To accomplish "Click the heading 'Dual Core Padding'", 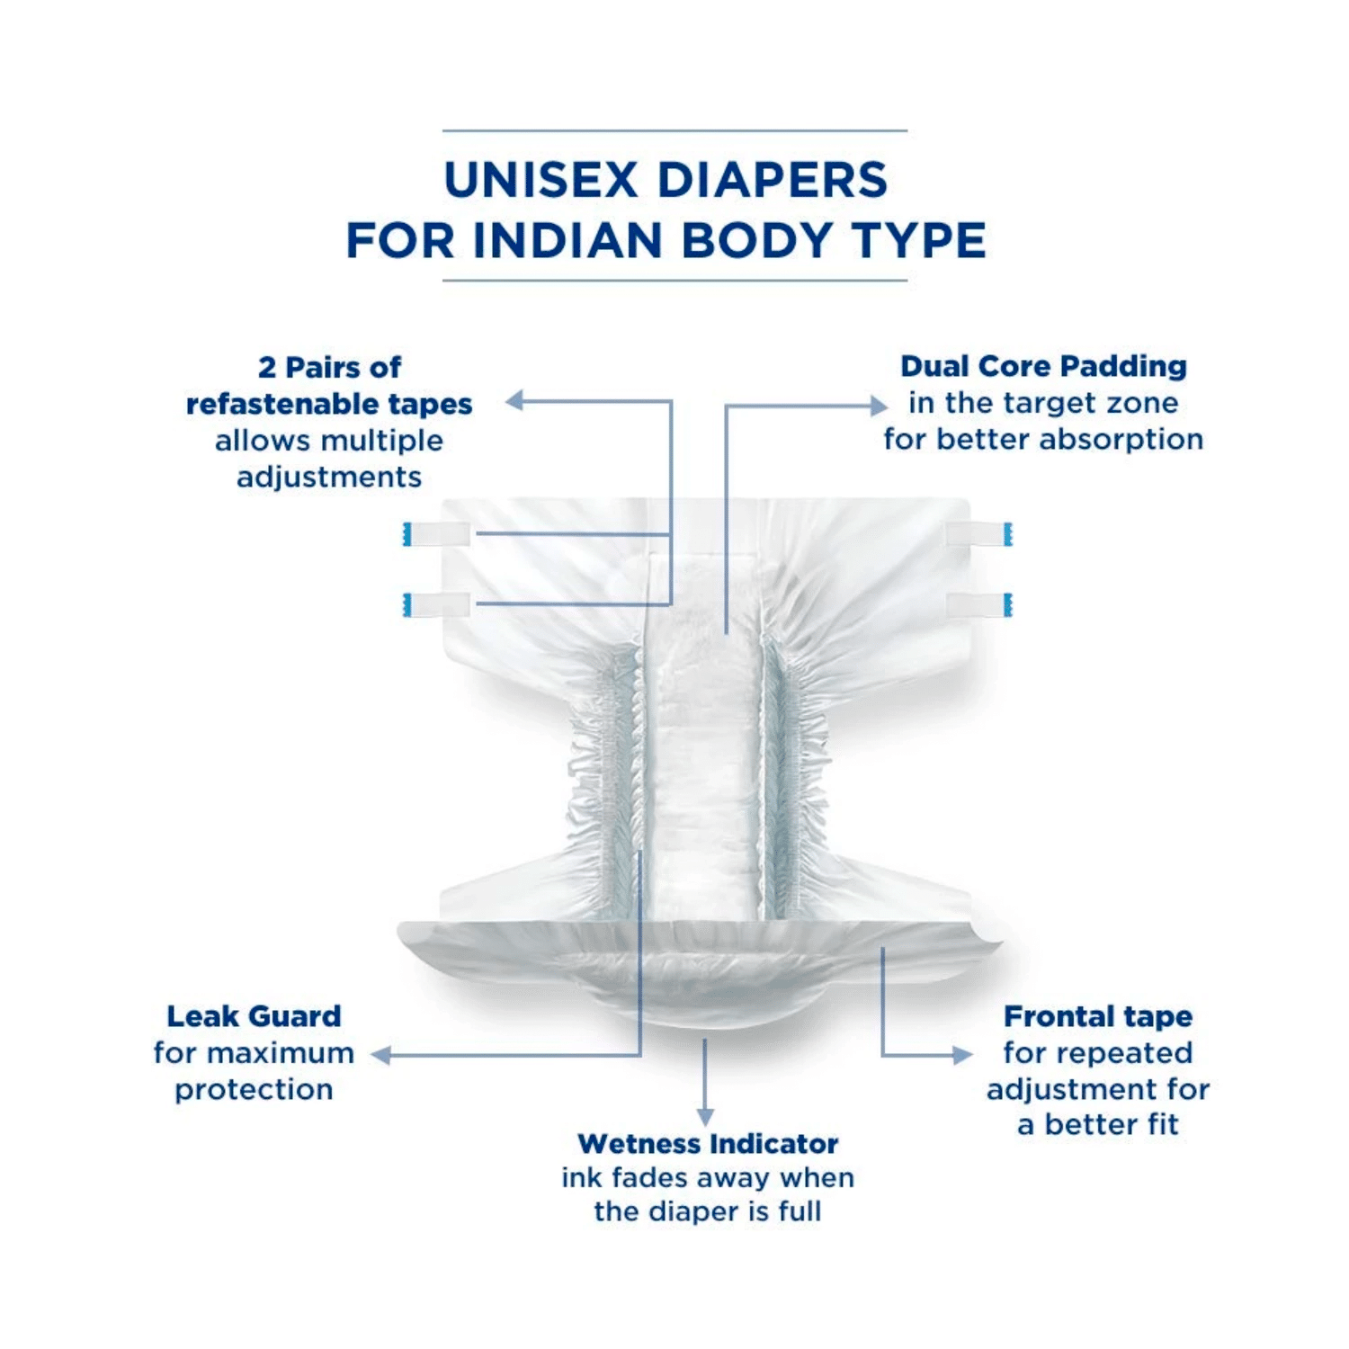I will coord(1043,367).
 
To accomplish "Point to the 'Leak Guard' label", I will coord(254,1017).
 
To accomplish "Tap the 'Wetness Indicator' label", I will coord(708,1144).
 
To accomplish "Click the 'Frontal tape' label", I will coord(1097,1017).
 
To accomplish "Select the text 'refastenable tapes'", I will coord(329,405).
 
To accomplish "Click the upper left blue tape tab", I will coord(407,534).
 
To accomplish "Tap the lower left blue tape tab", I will coord(407,606).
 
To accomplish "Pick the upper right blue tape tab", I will coord(1008,534).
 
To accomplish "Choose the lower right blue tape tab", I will coord(1008,606).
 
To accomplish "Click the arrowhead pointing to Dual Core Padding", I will coord(879,406).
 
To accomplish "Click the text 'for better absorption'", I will coord(1043,440).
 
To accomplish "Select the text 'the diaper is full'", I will coord(708,1212).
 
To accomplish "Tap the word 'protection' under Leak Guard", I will coord(254,1090).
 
